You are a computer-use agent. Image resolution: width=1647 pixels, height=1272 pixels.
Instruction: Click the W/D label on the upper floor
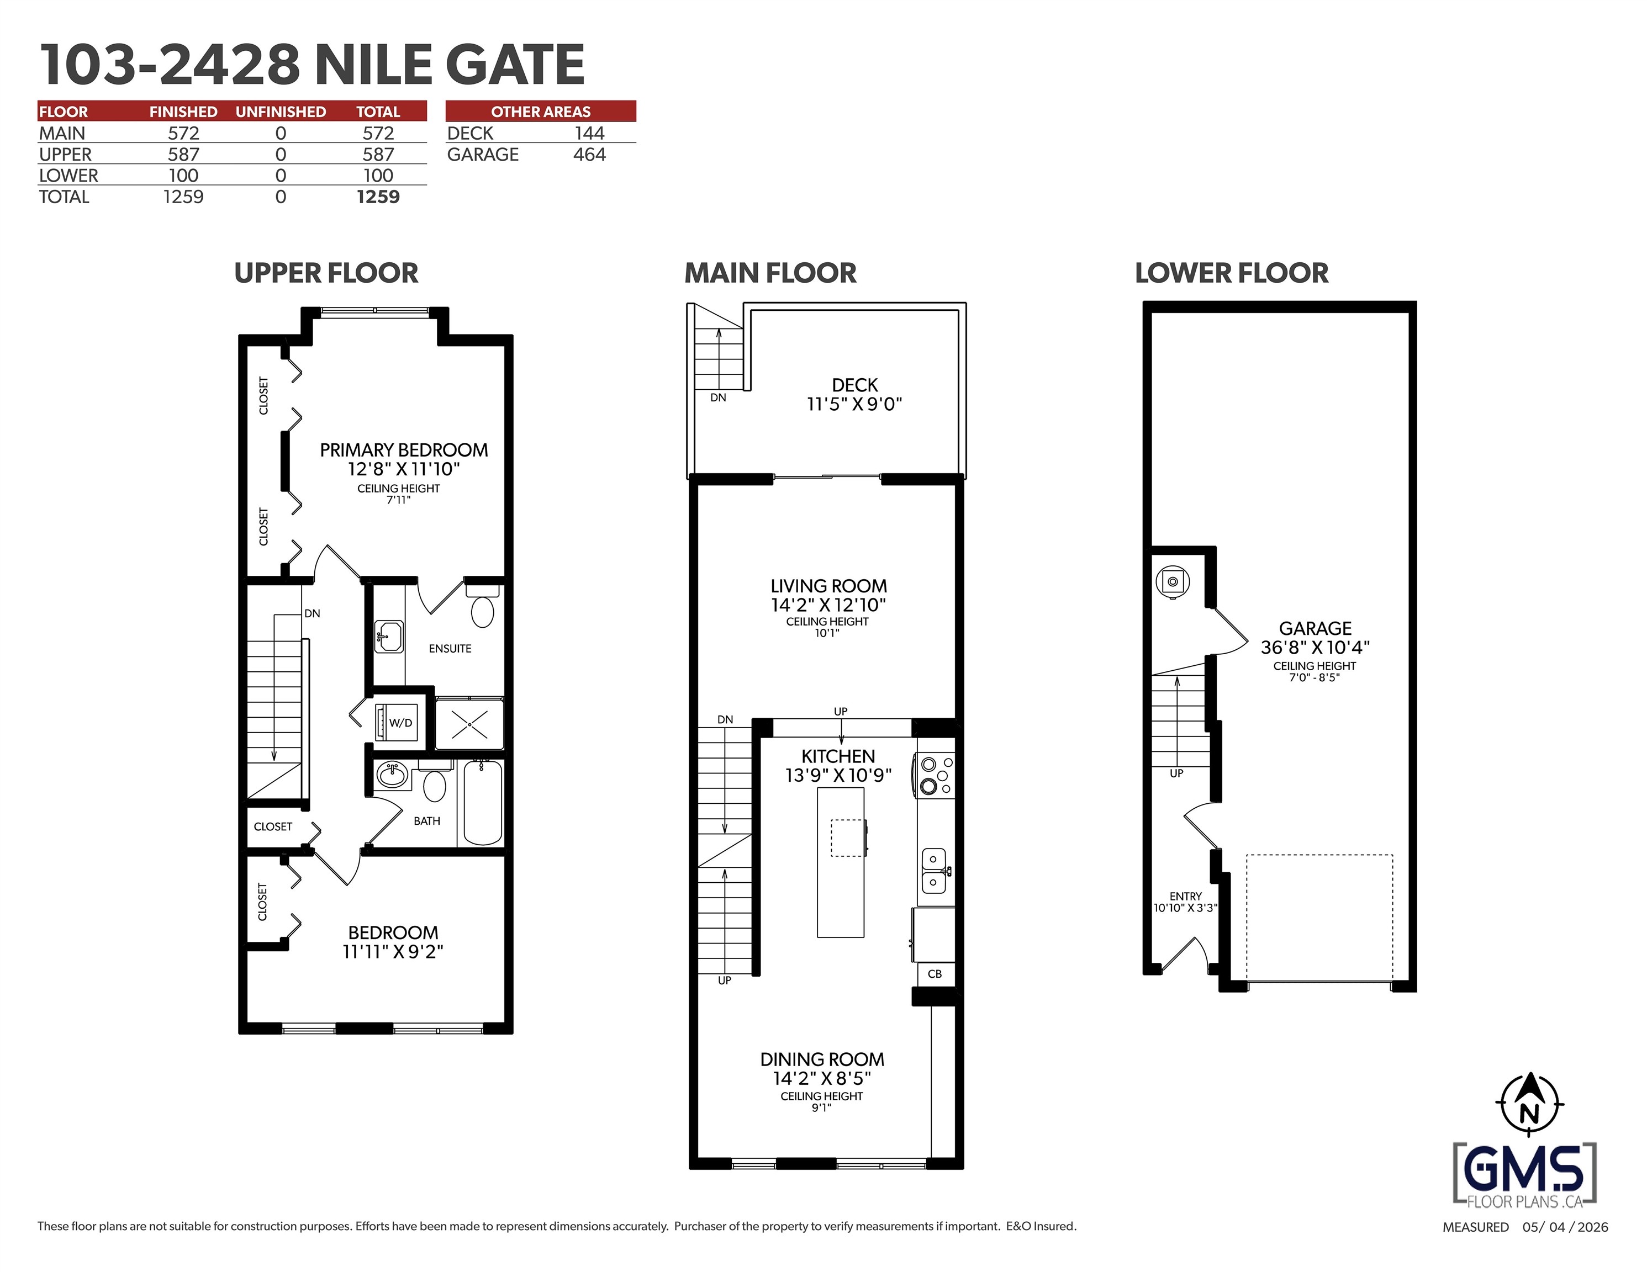(x=400, y=722)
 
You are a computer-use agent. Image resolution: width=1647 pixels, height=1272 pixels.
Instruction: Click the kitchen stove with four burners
(x=935, y=775)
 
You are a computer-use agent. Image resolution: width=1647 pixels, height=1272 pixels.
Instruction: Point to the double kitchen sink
(x=935, y=870)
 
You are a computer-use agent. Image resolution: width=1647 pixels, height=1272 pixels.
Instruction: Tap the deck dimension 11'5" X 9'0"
(x=854, y=404)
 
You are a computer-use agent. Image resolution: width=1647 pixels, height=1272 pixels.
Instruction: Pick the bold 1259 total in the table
(x=378, y=197)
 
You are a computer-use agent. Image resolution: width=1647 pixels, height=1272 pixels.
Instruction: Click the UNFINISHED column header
(x=281, y=112)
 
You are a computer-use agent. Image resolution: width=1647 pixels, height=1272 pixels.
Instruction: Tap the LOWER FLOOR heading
(x=1232, y=273)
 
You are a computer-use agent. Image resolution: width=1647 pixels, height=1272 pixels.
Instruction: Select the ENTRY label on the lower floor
(x=1185, y=895)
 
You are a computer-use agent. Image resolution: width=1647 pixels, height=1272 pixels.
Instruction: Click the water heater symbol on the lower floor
(x=1173, y=582)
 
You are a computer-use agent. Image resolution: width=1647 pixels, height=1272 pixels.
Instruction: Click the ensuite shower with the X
(x=469, y=724)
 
